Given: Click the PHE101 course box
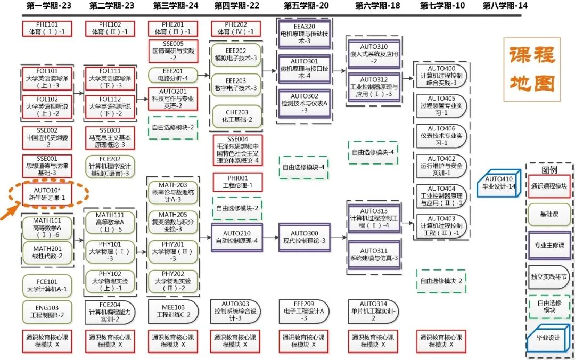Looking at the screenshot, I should pos(47,28).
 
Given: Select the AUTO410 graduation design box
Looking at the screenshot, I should pos(499,183).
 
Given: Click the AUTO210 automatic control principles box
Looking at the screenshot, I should pos(236,237).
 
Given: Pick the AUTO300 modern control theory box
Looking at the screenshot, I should pos(304,237).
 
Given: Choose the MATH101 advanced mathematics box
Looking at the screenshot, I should pos(47,227).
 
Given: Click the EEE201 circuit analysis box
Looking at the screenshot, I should pos(174,74).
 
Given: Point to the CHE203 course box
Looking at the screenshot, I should pos(236,116).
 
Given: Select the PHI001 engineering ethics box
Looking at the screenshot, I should pos(236,182).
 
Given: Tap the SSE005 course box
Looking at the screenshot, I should pos(174,51).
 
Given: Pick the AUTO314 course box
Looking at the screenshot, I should pos(373,311).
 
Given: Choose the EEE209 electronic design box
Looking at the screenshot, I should pos(304,311).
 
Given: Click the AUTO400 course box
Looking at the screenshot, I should pos(441,76).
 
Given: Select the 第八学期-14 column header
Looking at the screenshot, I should pos(505,6).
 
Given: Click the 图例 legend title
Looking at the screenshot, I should pos(549,170).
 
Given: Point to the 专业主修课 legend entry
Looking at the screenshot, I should pos(549,246).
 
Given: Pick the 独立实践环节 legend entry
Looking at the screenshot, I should pos(549,276).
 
